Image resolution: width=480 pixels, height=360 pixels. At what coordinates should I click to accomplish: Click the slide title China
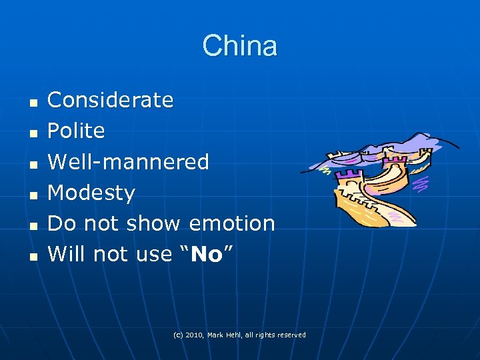click(240, 46)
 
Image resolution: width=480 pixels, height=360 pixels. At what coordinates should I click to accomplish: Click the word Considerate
click(111, 100)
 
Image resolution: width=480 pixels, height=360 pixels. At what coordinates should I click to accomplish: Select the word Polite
click(76, 131)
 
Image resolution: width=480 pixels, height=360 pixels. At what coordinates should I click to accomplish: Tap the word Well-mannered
click(129, 161)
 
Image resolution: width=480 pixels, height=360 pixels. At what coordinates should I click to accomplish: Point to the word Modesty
click(91, 193)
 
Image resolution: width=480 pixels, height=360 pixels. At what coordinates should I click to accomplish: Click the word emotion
click(232, 223)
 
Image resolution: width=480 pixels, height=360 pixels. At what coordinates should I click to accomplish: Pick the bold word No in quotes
click(206, 254)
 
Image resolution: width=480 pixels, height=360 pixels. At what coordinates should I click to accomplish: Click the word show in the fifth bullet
click(157, 223)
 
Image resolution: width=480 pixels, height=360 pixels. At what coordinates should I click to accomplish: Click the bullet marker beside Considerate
click(31, 102)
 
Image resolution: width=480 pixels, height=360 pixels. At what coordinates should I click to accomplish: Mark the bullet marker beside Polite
click(31, 133)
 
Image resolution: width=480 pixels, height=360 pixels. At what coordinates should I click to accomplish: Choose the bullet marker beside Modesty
click(31, 194)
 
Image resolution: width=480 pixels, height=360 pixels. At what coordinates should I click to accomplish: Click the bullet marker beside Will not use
click(31, 255)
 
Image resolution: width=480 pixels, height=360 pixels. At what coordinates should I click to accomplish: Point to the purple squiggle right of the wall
click(422, 182)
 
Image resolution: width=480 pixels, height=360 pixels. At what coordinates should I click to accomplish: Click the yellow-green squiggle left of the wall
click(325, 171)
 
